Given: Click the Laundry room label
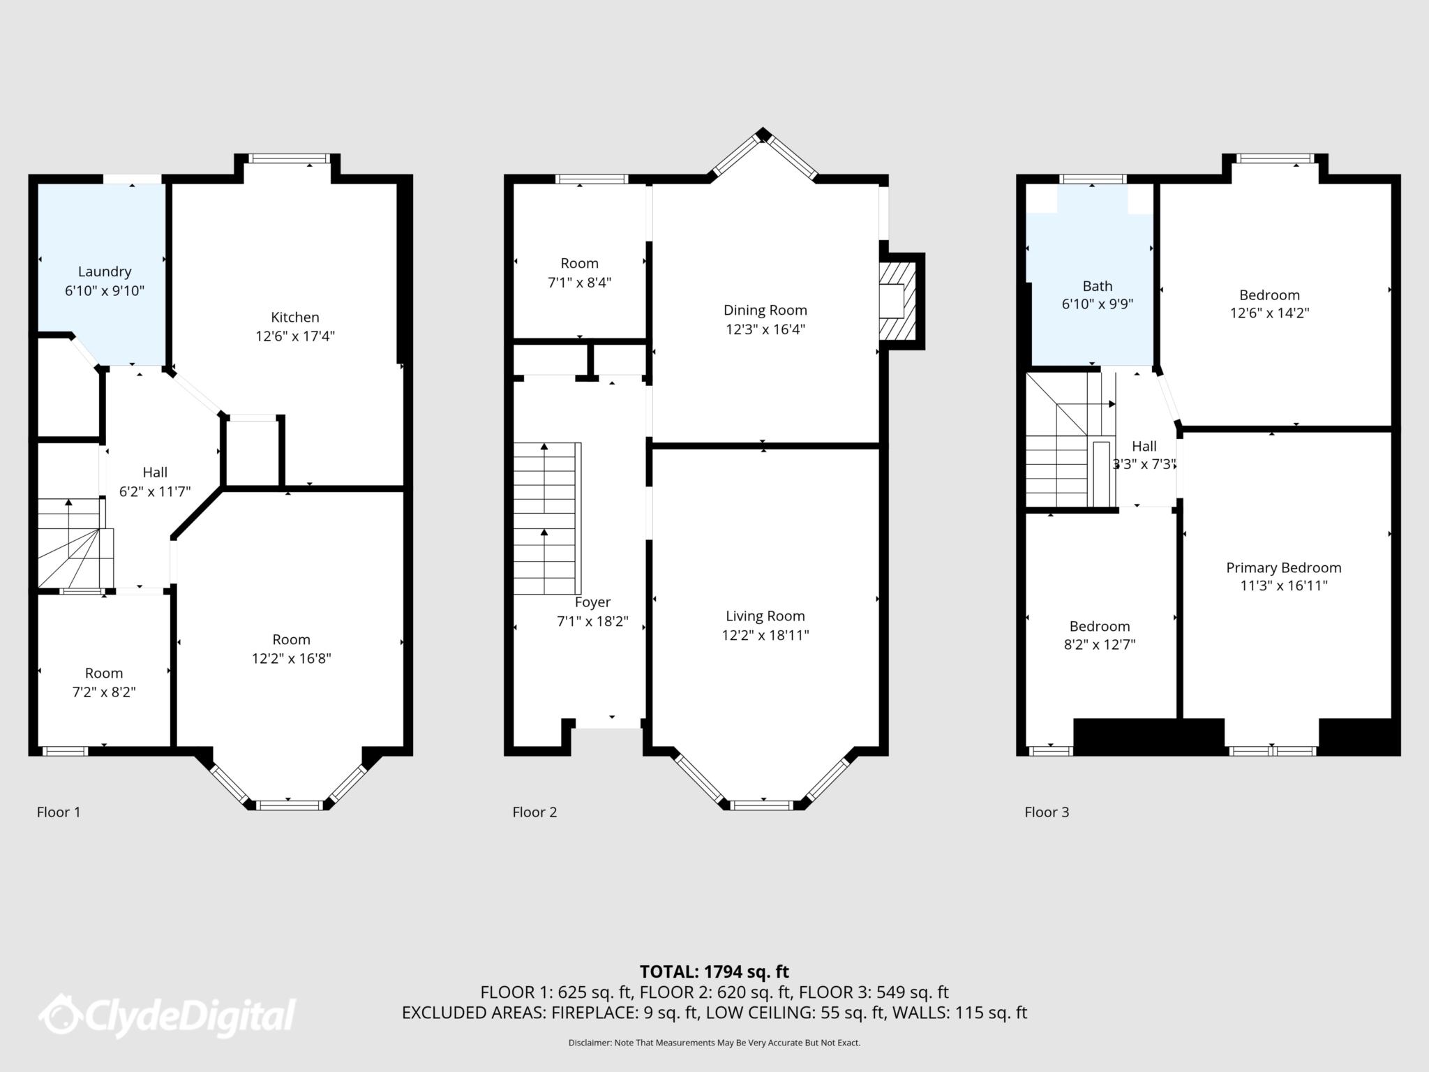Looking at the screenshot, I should (x=104, y=271).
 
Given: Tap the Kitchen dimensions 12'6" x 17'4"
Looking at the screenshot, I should (x=294, y=336).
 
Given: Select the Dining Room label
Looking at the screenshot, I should (x=765, y=310).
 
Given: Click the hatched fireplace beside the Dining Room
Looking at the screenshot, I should (x=897, y=301).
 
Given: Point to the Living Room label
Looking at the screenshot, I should (x=765, y=616).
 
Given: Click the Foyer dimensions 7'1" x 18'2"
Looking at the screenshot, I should (x=592, y=621).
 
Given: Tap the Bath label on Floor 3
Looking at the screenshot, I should (x=1097, y=286).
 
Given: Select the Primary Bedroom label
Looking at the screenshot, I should (x=1283, y=567).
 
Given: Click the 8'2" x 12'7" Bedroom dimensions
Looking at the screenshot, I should (x=1099, y=645).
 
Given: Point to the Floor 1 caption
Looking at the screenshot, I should (x=59, y=812).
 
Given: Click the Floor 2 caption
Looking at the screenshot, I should (x=534, y=812).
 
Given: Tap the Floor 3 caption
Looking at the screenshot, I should (x=1046, y=812).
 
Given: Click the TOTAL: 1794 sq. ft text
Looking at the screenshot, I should (x=714, y=971).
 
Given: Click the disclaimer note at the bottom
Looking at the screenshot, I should (x=714, y=1043).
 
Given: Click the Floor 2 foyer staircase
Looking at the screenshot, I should (x=546, y=518).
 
